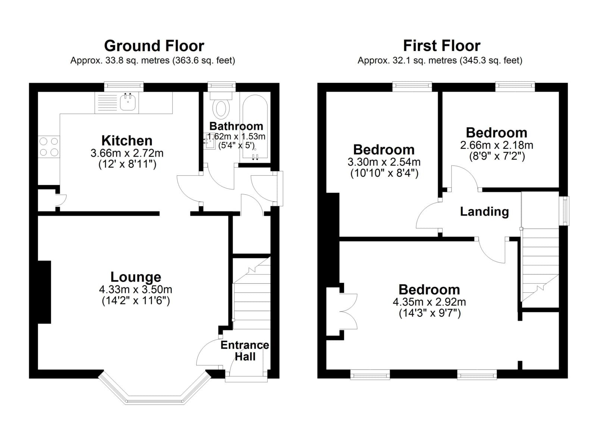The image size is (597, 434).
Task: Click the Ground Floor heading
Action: [x=154, y=46]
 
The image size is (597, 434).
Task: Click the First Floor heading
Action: [x=442, y=46]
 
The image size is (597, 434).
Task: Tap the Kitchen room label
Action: [x=127, y=141]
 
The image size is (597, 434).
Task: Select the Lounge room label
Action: [x=136, y=277]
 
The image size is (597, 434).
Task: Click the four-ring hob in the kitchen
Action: [x=49, y=147]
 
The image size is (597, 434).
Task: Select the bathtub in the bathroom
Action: [x=255, y=127]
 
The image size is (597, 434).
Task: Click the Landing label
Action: [x=484, y=212]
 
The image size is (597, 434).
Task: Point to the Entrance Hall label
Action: [x=245, y=350]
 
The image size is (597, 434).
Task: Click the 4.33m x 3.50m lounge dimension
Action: [x=136, y=289]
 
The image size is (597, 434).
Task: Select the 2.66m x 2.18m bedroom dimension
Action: [x=497, y=145]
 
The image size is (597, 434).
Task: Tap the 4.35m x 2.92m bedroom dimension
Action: [x=429, y=302]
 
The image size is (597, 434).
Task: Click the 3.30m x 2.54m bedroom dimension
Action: [x=384, y=162]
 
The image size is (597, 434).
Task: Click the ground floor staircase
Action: [x=252, y=293]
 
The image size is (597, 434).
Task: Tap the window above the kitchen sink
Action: [x=124, y=87]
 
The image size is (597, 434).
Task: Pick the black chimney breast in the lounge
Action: [x=44, y=292]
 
